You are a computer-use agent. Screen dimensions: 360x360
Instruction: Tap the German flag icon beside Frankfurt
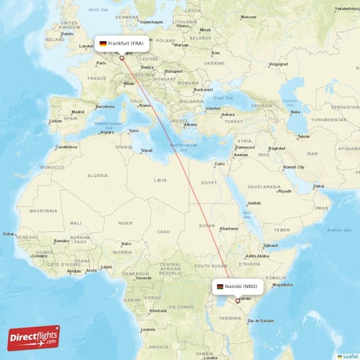coord(104,43)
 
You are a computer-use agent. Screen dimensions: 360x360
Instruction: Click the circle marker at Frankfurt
coord(122,58)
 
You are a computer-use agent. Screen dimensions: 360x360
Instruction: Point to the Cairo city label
coord(220,163)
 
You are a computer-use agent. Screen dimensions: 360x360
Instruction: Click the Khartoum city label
coord(229,228)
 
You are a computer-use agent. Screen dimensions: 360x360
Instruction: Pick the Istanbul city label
coord(213,108)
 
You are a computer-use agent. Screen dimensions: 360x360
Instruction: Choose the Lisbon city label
coord(55,121)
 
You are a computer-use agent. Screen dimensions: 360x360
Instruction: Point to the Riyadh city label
coord(284,191)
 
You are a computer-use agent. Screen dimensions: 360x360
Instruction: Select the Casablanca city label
coord(67,145)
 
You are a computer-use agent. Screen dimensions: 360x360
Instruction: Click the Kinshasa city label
coord(158,310)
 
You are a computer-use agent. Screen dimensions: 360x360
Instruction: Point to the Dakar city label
coord(9,233)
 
